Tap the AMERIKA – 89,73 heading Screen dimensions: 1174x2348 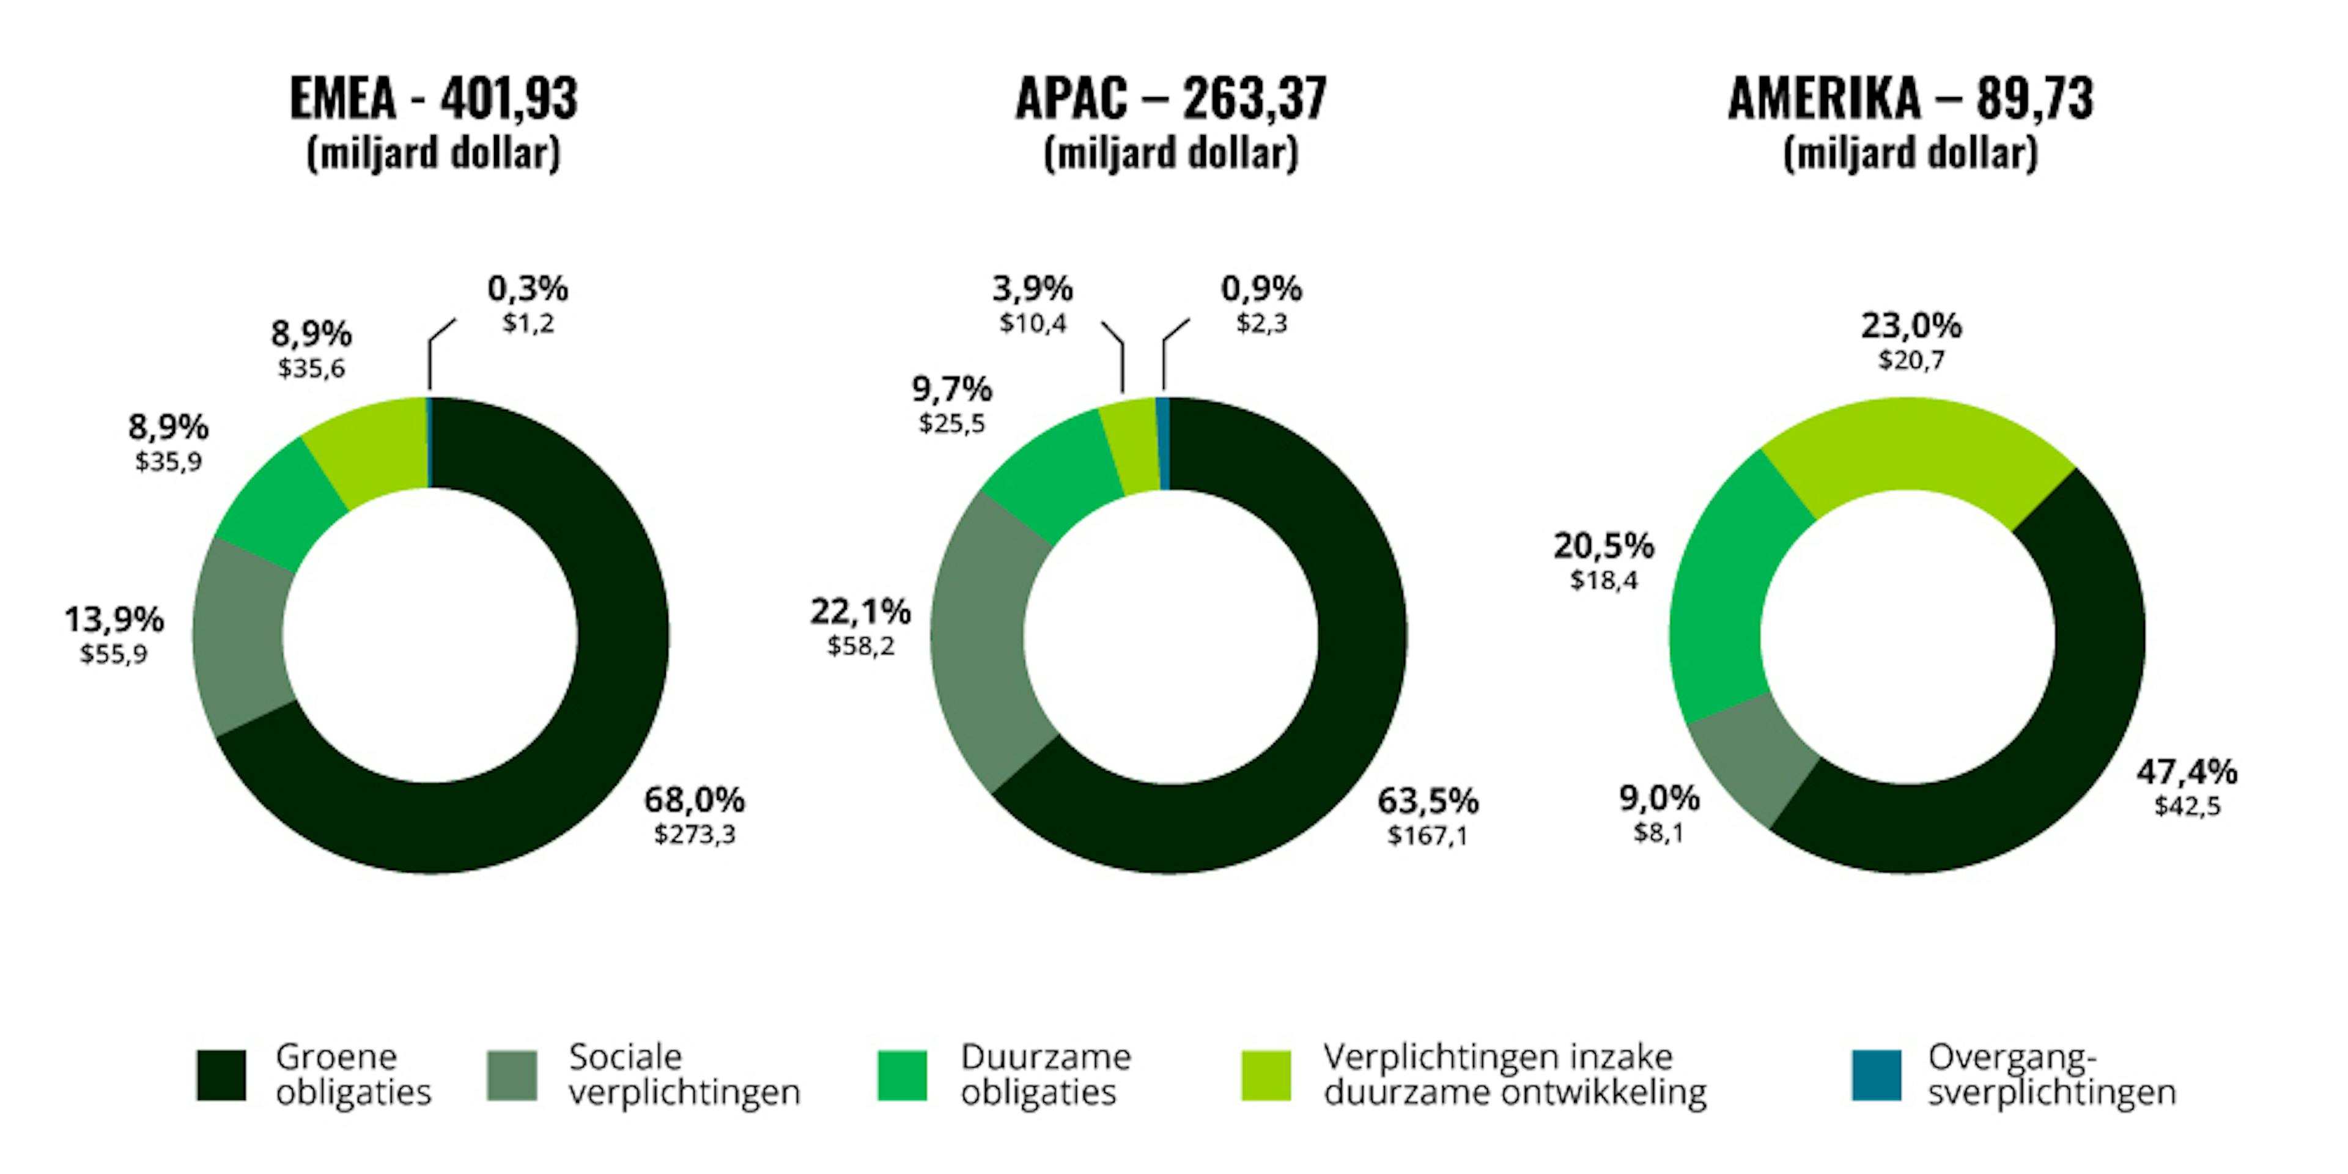click(1910, 98)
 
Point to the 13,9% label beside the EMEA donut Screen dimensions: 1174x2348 click(114, 620)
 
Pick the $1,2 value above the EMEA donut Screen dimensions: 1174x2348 click(529, 323)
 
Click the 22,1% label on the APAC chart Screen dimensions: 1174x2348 click(860, 611)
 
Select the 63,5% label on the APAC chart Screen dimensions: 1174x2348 click(1427, 801)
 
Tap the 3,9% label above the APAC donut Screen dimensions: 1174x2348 click(1033, 290)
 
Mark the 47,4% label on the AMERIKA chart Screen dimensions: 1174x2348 click(2187, 773)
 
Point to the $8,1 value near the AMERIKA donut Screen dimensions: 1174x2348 click(1658, 833)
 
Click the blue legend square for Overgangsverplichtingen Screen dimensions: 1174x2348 click(1877, 1076)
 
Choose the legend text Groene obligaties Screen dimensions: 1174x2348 click(353, 1075)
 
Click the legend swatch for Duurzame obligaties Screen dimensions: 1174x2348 click(903, 1076)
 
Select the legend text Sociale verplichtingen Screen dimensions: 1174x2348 click(684, 1075)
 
